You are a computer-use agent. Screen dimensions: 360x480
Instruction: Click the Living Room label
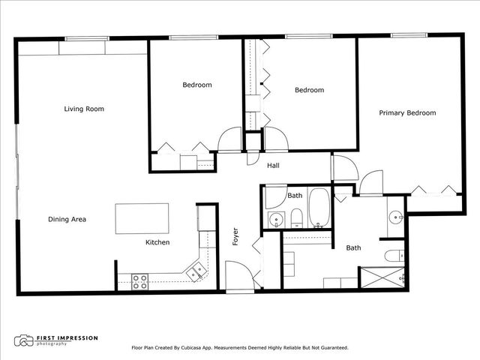click(83, 109)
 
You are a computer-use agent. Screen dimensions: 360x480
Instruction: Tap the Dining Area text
click(67, 220)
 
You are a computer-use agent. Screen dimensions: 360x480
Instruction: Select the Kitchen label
click(157, 243)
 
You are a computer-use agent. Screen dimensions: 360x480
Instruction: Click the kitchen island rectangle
click(142, 218)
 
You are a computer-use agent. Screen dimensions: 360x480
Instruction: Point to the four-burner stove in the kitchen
click(139, 281)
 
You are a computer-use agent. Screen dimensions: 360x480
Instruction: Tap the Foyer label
click(235, 237)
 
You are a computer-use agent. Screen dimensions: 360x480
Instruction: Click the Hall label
click(274, 166)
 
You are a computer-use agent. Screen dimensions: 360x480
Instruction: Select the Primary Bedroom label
click(406, 113)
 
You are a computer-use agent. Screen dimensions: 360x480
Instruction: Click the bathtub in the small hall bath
click(319, 208)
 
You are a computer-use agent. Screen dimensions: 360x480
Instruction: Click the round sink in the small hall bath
click(276, 220)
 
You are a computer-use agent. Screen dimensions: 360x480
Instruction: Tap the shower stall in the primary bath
click(382, 277)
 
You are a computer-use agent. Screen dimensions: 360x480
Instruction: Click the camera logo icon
click(25, 341)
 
